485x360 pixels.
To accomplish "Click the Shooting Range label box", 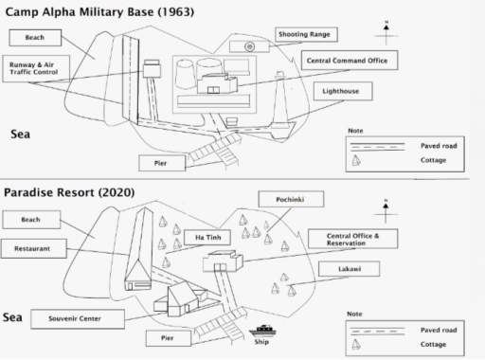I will coord(303,34).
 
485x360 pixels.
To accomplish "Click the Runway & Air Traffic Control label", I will coord(35,67).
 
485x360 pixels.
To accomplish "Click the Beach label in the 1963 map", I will coord(35,37).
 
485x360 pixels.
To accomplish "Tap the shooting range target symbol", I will coord(249,45).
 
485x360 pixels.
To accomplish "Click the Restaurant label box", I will coord(34,248).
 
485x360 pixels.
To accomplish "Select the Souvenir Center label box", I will coord(75,317).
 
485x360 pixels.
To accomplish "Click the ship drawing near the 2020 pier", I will coord(262,330).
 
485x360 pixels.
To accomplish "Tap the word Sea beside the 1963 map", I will coord(21,135).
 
